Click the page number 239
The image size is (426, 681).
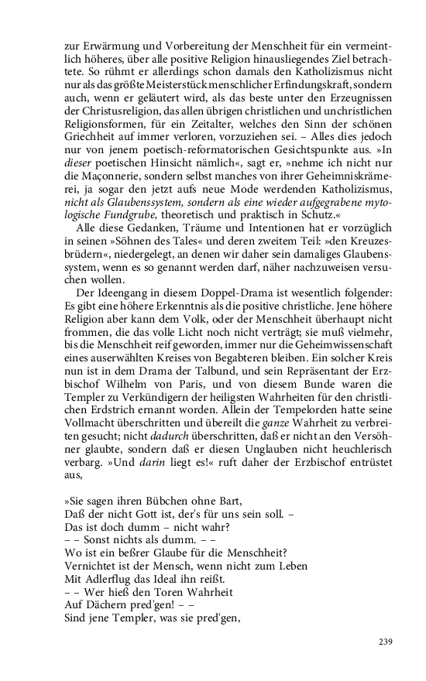point(386,642)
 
